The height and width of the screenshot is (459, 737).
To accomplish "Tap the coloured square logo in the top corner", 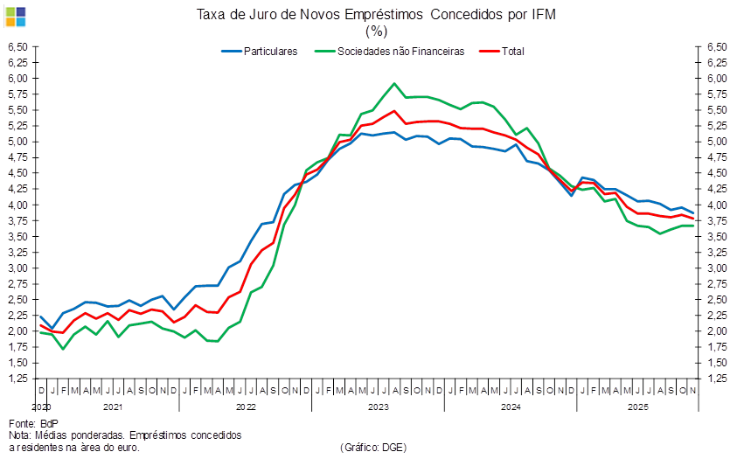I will coord(15,15).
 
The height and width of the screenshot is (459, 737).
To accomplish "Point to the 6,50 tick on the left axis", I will coord(17,46).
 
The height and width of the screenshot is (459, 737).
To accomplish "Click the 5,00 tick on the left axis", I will coord(17,142).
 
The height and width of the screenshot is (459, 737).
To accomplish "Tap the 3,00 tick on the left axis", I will coord(17,268).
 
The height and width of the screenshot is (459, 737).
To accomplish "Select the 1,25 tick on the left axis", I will coord(17,379).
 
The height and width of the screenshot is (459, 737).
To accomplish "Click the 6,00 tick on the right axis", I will coord(717,79).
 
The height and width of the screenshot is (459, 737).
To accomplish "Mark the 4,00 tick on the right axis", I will coord(717,205).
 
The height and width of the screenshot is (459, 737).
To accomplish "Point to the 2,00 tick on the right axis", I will coord(717,331).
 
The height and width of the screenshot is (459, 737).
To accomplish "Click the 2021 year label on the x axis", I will coord(112,407).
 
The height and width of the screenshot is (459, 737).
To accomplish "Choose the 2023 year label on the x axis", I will coord(378,407).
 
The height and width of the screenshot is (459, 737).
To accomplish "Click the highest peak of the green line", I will coord(394,84).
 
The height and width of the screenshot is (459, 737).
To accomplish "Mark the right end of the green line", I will coord(694,226).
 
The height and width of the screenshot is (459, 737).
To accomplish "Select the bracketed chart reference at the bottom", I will coord(372,447).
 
